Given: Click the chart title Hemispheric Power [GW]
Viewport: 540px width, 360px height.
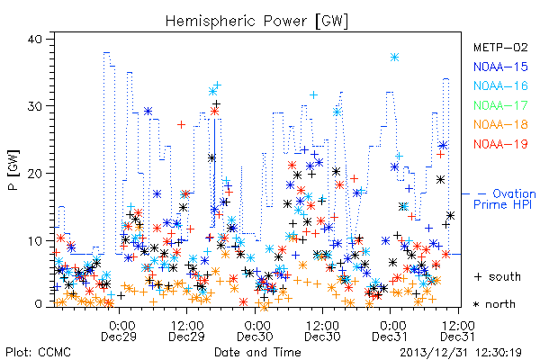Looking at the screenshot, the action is (x=256, y=21).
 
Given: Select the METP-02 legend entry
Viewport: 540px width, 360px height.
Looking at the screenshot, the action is (x=500, y=47).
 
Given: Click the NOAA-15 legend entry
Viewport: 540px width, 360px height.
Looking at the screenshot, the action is (x=500, y=67).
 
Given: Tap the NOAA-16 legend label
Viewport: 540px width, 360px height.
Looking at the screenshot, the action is (x=500, y=85).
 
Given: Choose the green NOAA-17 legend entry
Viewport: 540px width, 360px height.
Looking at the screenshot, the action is (x=500, y=105).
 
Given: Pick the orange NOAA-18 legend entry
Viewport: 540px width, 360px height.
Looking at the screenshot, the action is (x=500, y=124).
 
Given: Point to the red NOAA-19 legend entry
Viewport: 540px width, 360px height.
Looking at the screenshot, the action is (x=500, y=144).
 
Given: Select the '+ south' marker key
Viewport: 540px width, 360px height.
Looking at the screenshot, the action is (x=498, y=276).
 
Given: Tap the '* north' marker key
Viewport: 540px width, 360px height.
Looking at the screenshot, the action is (x=494, y=304).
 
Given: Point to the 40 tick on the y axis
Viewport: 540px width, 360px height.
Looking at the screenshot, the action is (x=34, y=39).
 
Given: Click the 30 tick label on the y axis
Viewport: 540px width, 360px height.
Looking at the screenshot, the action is (x=34, y=106).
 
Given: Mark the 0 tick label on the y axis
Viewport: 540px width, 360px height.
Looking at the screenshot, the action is (x=38, y=304).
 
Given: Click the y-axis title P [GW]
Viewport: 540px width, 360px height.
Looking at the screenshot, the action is (x=13, y=170).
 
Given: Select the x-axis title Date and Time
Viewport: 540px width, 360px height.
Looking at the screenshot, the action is (x=257, y=353).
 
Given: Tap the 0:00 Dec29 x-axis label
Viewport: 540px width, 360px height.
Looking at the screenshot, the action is (x=119, y=330).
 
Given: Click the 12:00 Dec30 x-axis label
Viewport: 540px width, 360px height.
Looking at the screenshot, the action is (x=322, y=330).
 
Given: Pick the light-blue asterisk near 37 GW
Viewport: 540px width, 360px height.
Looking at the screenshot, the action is (x=395, y=58).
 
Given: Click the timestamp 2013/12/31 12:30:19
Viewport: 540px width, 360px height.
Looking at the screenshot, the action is (x=461, y=353).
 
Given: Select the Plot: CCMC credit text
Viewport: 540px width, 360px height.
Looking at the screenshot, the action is (x=38, y=353).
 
